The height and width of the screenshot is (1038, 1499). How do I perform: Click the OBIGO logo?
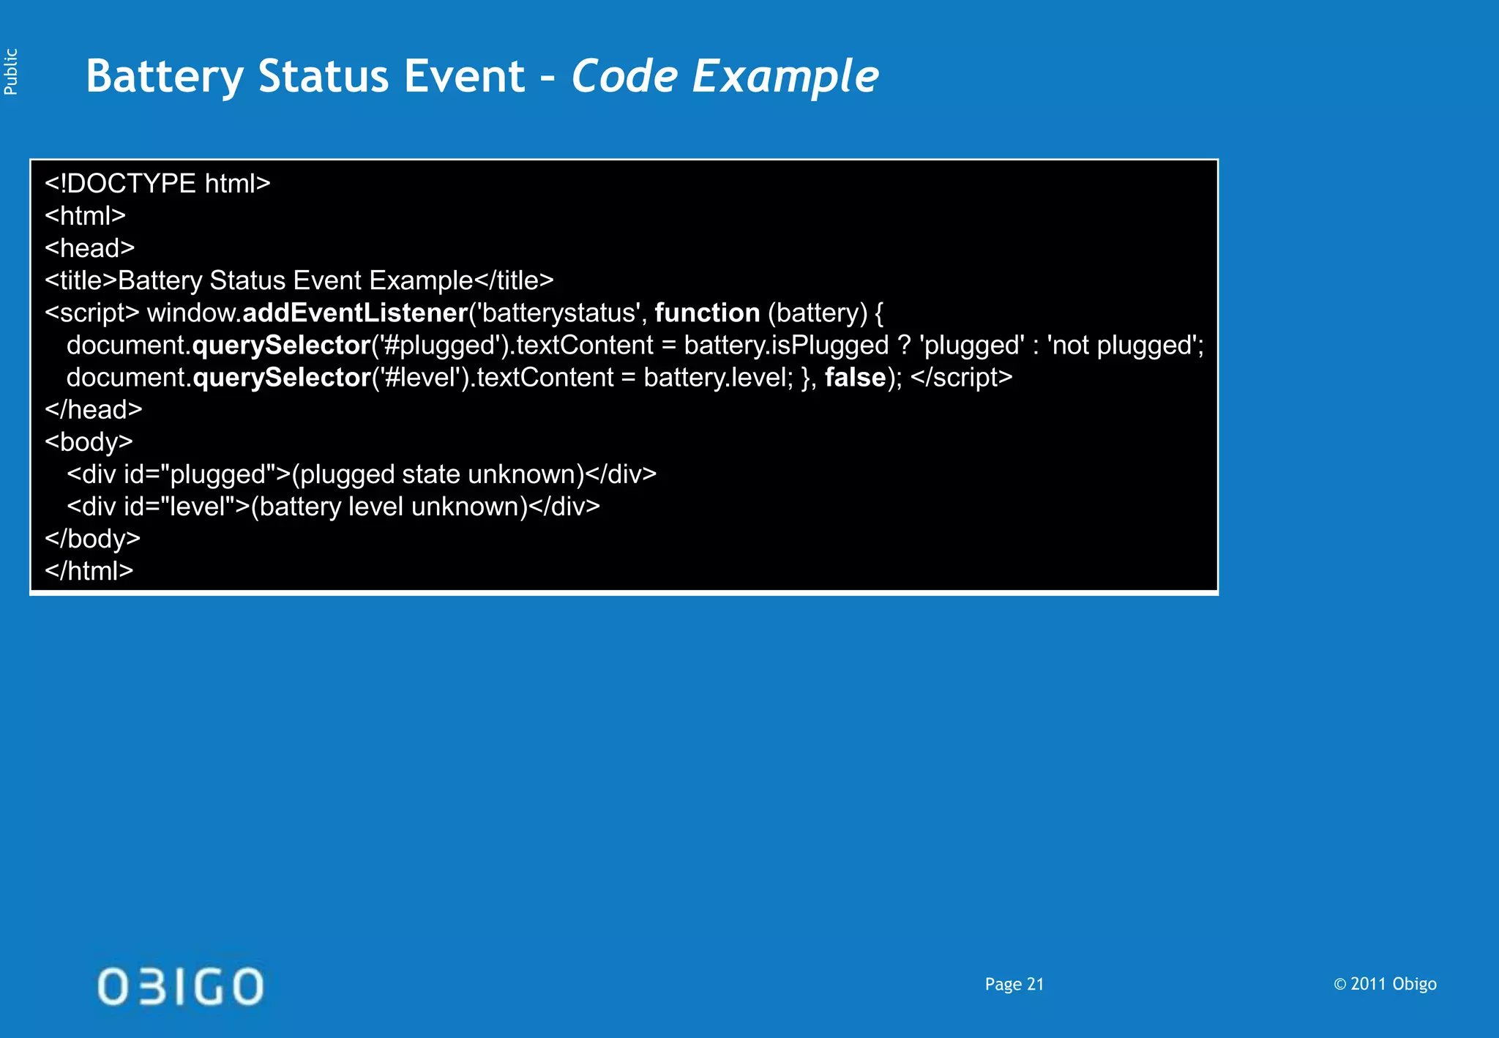(x=180, y=985)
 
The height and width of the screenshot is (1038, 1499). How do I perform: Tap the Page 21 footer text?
(x=1014, y=984)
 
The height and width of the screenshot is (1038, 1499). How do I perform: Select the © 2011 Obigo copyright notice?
(x=1385, y=984)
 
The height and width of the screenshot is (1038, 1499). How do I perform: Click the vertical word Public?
(x=11, y=72)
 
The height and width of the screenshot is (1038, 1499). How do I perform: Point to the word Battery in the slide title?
(x=165, y=76)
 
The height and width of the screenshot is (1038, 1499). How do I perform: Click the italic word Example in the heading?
(x=785, y=76)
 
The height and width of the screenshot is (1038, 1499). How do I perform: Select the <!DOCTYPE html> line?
(x=157, y=183)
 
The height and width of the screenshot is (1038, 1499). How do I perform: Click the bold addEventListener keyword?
(x=355, y=313)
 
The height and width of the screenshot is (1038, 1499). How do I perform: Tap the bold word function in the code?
(x=707, y=313)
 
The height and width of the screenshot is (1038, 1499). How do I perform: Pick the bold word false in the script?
(x=855, y=377)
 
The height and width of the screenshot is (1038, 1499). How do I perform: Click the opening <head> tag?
(x=89, y=248)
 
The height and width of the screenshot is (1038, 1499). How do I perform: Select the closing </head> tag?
(x=93, y=409)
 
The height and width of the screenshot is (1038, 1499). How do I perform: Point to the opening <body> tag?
(x=89, y=441)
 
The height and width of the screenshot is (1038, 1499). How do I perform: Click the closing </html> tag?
(x=89, y=570)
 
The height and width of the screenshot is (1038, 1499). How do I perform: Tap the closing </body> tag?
(x=92, y=538)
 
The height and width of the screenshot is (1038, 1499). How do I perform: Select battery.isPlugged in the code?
(x=786, y=345)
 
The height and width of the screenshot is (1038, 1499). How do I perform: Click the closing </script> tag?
(x=961, y=377)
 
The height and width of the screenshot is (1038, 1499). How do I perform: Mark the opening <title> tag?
(x=81, y=280)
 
